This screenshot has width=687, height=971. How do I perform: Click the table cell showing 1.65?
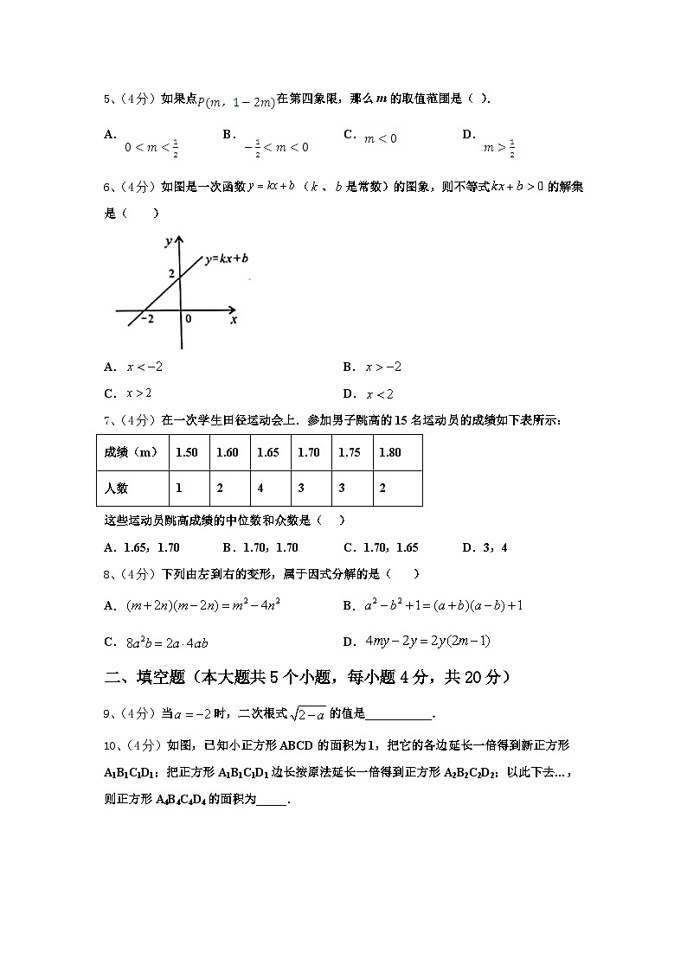click(267, 453)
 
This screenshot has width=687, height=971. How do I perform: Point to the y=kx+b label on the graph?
click(227, 259)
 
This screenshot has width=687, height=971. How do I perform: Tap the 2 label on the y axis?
click(172, 273)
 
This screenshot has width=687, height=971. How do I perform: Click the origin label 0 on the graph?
click(189, 319)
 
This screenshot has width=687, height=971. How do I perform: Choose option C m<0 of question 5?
click(372, 137)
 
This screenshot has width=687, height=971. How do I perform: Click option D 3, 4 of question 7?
click(485, 546)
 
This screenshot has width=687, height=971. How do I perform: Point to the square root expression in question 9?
click(307, 713)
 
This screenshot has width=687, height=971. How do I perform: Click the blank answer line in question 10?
click(272, 801)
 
